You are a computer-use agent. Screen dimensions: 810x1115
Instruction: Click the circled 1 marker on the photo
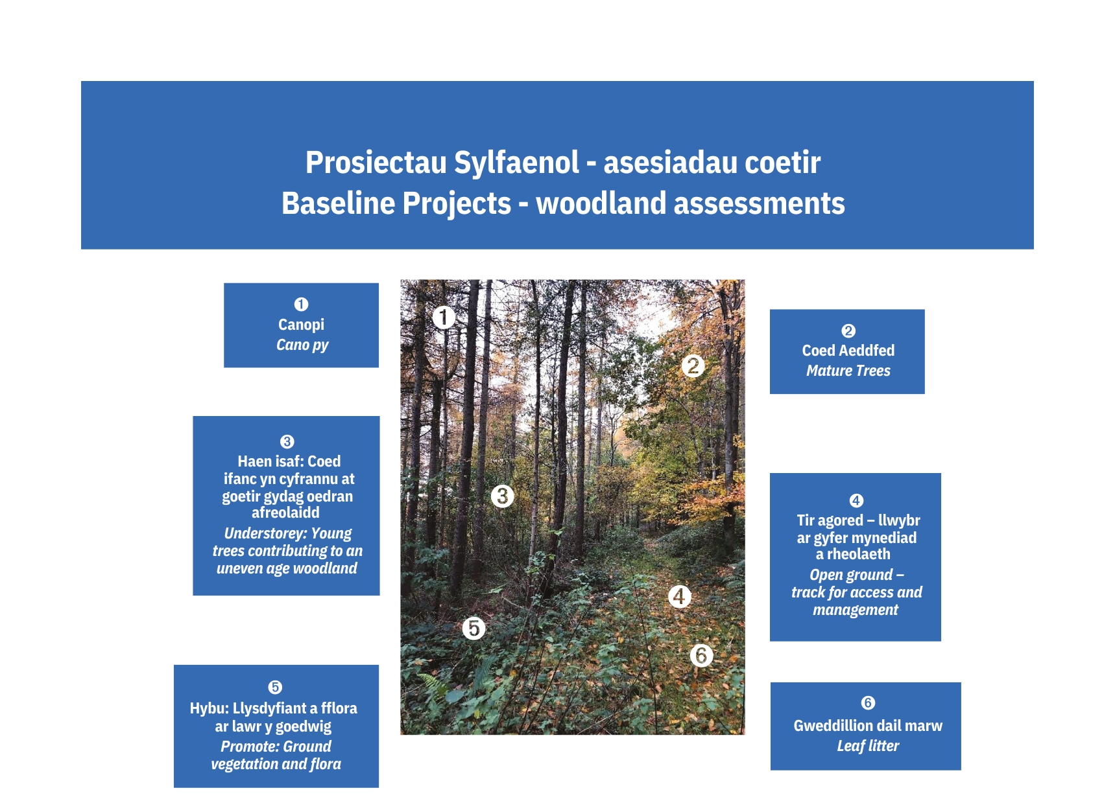444,318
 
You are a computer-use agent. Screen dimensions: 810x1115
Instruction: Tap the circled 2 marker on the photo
693,366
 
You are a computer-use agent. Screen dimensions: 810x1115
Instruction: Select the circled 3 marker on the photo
502,496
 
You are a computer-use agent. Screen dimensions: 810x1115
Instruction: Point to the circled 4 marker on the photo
679,596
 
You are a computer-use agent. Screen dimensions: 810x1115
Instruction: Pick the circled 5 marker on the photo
474,628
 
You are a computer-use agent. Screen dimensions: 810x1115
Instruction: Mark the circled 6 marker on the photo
701,655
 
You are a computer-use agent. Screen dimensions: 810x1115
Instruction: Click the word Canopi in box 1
301,325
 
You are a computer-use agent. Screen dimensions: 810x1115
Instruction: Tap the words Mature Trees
848,371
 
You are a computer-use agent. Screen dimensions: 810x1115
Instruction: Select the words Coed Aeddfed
848,351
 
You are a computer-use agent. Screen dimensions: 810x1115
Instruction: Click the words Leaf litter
867,746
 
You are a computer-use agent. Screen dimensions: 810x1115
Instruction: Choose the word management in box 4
855,610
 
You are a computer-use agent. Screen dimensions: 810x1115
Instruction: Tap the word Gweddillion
833,726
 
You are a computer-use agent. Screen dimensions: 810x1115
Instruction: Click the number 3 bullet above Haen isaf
287,442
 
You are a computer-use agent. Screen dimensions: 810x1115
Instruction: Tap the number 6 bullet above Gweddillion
868,703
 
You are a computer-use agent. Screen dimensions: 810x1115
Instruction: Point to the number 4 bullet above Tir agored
856,501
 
